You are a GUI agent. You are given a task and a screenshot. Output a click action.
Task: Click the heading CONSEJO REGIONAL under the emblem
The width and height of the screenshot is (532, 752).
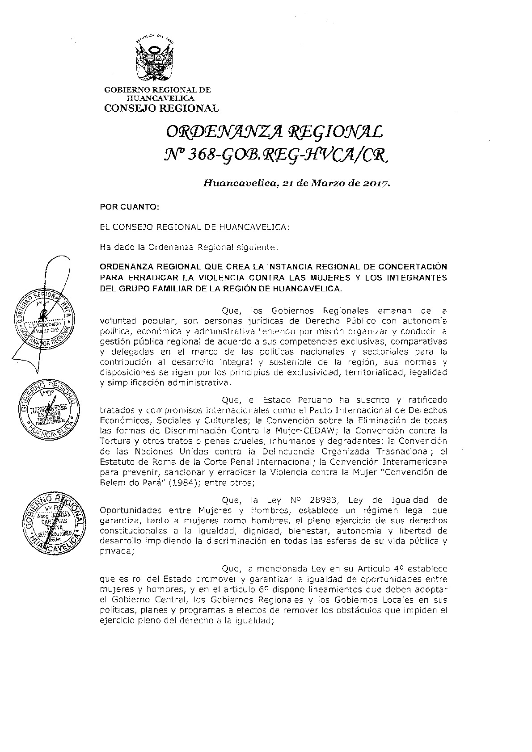tap(161, 108)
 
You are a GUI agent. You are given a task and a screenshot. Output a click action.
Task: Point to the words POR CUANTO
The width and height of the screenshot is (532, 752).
tap(128, 208)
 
